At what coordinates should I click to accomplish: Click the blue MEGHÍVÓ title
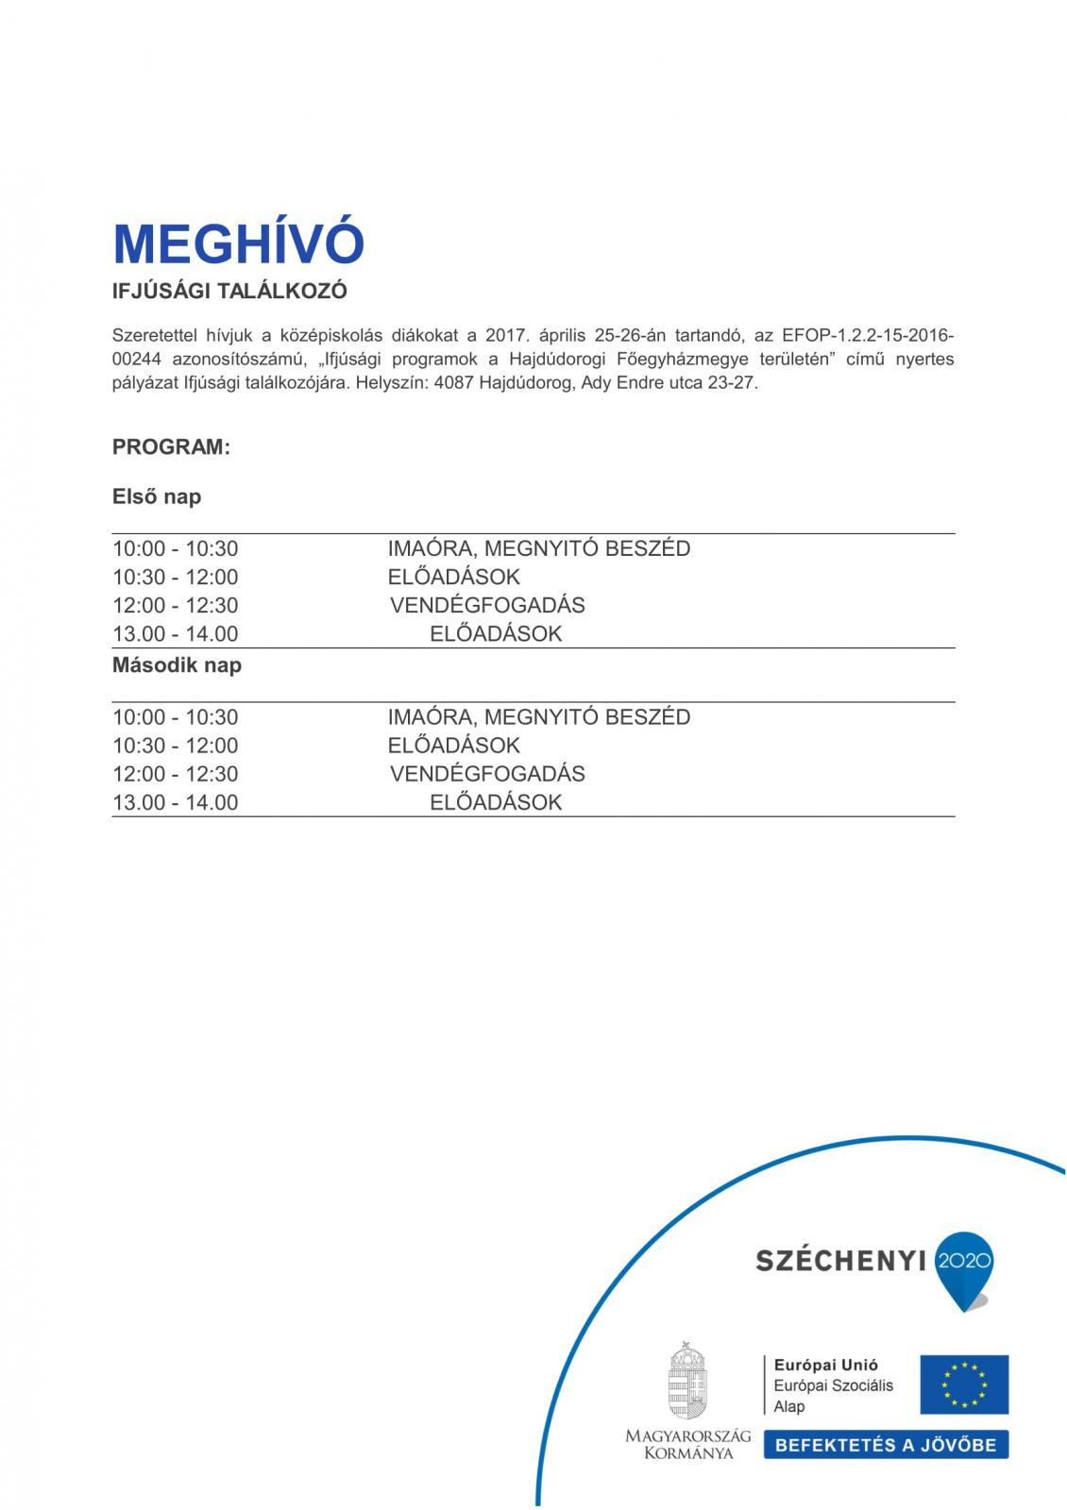click(x=238, y=244)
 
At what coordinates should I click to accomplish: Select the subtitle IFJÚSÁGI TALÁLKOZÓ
click(x=229, y=292)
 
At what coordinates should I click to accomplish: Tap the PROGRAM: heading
click(x=171, y=447)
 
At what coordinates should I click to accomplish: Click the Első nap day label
click(x=157, y=496)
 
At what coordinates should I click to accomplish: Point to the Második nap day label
click(x=177, y=665)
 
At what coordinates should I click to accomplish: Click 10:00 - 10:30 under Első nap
click(x=175, y=549)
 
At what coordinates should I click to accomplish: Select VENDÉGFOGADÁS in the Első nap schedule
click(x=487, y=606)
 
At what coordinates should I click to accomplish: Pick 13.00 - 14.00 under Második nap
click(x=175, y=803)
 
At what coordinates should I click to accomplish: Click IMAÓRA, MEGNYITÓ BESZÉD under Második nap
click(x=538, y=717)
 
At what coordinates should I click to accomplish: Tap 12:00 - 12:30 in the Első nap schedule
click(x=175, y=606)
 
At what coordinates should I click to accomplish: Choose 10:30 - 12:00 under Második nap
click(x=175, y=746)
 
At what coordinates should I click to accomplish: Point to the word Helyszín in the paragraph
click(x=391, y=384)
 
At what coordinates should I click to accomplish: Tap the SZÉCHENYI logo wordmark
click(x=839, y=1261)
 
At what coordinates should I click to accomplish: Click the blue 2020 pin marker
click(x=963, y=1265)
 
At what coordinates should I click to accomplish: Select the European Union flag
click(x=964, y=1384)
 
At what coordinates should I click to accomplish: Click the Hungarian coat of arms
click(x=687, y=1381)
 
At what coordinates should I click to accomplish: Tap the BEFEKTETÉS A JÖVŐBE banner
click(x=885, y=1445)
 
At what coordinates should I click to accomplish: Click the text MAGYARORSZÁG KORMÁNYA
click(x=687, y=1445)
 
